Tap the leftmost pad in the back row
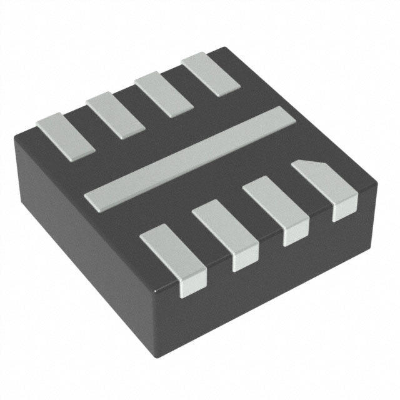click(65, 134)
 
